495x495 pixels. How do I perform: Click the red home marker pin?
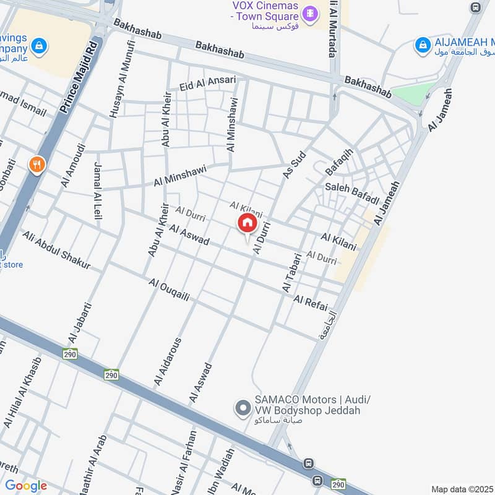coord(247,224)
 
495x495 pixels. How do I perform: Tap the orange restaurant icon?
coord(37,165)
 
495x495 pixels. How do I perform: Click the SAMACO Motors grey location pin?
coord(241,408)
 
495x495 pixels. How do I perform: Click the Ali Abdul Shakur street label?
coord(56,251)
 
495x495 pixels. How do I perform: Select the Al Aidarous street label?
coord(168,362)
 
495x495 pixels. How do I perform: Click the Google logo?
coord(25,486)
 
